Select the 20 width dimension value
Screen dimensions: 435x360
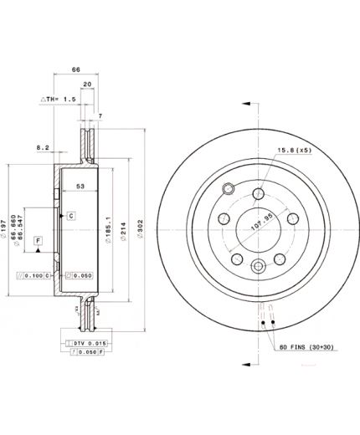coord(88,85)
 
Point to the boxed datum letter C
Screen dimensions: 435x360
coord(71,215)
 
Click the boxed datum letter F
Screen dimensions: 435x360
coord(38,241)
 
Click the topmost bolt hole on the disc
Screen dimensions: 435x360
coord(258,195)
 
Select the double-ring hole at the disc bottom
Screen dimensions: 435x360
coord(258,266)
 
